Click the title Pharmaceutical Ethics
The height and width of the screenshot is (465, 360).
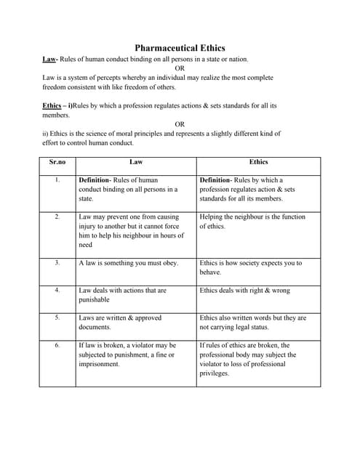(x=179, y=48)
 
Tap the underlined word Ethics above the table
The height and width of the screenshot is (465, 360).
(x=52, y=105)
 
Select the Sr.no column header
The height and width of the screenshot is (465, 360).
(x=57, y=162)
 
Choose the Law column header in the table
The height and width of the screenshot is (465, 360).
(x=136, y=162)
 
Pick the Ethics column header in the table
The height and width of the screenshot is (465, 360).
(x=258, y=162)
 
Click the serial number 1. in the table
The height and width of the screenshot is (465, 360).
(x=57, y=179)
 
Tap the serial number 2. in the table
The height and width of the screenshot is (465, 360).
(x=57, y=217)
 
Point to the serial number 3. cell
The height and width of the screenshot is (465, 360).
(x=57, y=263)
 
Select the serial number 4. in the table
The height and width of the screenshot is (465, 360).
(x=57, y=291)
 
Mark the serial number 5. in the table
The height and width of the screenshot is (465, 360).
(x=57, y=318)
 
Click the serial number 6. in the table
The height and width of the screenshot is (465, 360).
(x=57, y=345)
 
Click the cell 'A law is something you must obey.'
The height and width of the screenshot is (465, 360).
(x=128, y=263)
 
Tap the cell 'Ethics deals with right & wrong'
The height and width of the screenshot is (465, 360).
(x=244, y=291)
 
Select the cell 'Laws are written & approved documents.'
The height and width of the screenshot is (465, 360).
(x=120, y=322)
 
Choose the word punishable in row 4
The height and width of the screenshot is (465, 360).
(x=94, y=299)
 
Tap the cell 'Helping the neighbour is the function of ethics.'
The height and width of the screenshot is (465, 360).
(x=252, y=221)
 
